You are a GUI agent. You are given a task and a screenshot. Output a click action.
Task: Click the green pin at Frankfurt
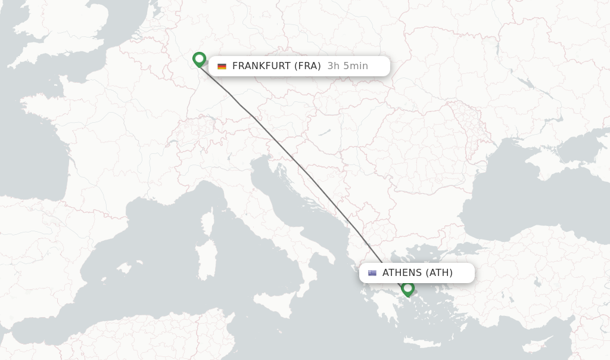pos(200,60)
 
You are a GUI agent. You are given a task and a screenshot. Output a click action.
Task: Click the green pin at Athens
pos(408,289)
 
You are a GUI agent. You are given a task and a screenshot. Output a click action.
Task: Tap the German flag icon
pos(222,66)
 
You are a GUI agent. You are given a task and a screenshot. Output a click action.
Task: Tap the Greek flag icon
pos(372,273)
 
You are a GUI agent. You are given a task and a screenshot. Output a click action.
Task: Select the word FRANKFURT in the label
pos(259,66)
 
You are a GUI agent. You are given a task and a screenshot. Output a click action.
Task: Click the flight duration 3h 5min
pos(348,66)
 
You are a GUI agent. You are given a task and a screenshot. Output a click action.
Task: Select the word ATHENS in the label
pos(402,273)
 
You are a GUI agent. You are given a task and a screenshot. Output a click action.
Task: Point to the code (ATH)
pos(439,273)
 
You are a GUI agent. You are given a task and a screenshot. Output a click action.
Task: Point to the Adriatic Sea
pos(286,197)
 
